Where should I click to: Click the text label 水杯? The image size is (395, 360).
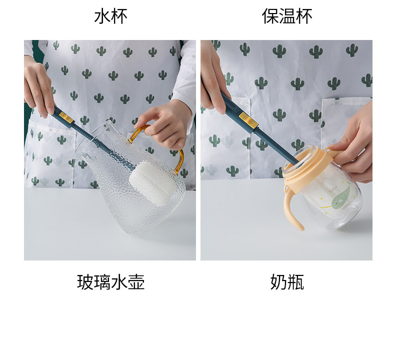pos(111,16)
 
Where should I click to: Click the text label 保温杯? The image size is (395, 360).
pos(287,16)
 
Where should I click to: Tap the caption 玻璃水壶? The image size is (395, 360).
pos(111,282)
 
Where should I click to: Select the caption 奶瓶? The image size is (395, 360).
pos(287,282)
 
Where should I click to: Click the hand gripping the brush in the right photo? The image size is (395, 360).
pos(214,78)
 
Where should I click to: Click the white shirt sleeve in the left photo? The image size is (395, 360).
pos(185,75)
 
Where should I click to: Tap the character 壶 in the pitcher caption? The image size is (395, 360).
pos(136,282)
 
